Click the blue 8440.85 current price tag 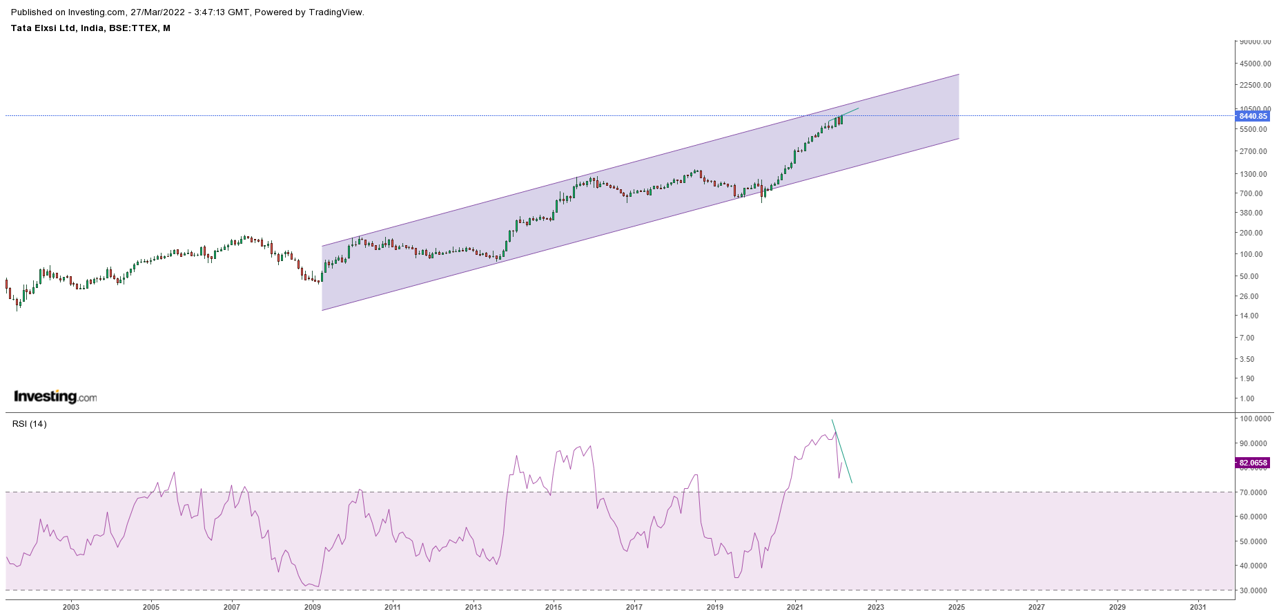(x=1253, y=116)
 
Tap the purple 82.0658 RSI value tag (x=1253, y=463)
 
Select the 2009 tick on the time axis (x=313, y=607)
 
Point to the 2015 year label (x=554, y=607)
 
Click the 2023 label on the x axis (x=875, y=607)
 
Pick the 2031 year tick (x=1198, y=607)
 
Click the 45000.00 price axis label (x=1255, y=64)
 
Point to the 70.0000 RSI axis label (x=1254, y=492)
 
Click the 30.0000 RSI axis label (x=1254, y=590)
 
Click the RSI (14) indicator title (x=30, y=423)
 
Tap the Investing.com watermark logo (x=55, y=396)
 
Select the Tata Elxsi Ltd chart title (x=90, y=28)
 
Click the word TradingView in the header (x=335, y=12)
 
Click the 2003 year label (x=71, y=607)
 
